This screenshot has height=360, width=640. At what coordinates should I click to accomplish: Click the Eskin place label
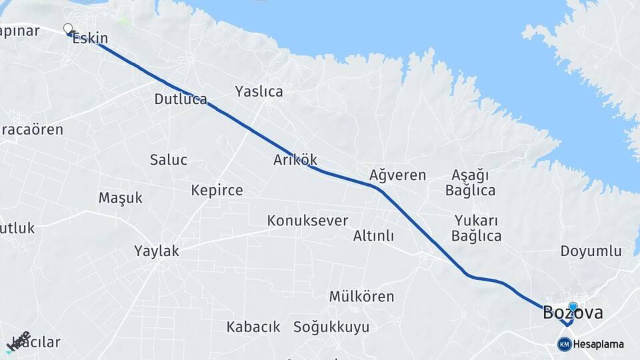click(x=90, y=38)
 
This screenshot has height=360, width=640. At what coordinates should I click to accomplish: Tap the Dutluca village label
click(x=181, y=99)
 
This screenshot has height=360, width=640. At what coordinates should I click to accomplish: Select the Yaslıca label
click(x=259, y=91)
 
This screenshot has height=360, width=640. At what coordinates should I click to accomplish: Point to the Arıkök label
click(x=295, y=160)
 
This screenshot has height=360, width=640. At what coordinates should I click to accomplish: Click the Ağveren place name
click(x=397, y=175)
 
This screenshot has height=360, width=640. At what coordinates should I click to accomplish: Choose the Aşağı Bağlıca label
click(x=470, y=183)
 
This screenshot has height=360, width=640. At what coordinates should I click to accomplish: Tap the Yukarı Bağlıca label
click(x=476, y=228)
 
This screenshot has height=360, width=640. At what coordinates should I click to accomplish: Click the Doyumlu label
click(x=591, y=251)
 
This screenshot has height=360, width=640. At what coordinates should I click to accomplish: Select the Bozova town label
click(x=573, y=312)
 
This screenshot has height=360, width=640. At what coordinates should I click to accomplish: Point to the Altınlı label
click(x=373, y=236)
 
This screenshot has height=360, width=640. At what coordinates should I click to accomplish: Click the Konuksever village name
click(x=307, y=220)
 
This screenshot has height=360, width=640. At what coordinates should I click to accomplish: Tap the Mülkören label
click(x=361, y=296)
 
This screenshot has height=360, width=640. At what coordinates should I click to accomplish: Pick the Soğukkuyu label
click(x=331, y=327)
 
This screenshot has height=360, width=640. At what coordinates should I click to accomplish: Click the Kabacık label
click(x=253, y=327)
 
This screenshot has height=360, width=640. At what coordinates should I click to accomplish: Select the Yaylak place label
click(x=157, y=251)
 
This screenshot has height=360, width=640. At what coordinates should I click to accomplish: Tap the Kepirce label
click(x=217, y=191)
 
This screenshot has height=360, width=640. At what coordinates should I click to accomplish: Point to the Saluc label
click(x=168, y=160)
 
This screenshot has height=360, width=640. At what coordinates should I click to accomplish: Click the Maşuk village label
click(x=121, y=198)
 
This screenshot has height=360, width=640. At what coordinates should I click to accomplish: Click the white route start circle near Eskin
click(x=67, y=29)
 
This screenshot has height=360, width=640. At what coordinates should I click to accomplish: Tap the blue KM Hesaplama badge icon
click(x=564, y=344)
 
